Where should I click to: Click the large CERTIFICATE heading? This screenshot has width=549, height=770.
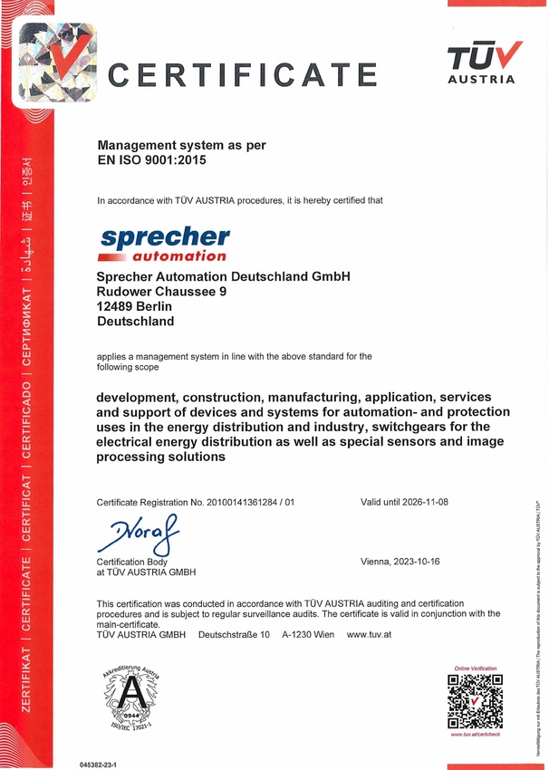[x=242, y=74]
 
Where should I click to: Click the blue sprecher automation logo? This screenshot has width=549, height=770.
[x=164, y=244]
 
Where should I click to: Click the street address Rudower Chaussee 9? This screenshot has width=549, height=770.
[x=162, y=292]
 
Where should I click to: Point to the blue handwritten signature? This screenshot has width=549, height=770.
[x=139, y=534]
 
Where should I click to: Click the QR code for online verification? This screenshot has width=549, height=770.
[x=475, y=700]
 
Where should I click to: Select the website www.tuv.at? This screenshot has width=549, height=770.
[x=368, y=634]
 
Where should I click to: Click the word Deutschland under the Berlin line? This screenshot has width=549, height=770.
[x=136, y=321]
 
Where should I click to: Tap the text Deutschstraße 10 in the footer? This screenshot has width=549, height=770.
[x=234, y=634]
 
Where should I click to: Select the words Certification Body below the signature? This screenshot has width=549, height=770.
[x=132, y=562]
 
